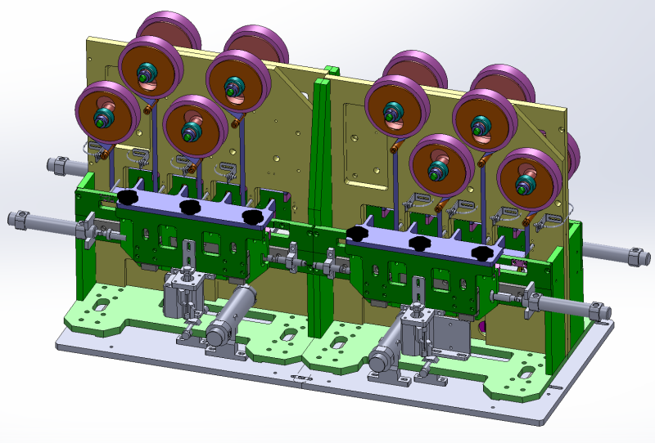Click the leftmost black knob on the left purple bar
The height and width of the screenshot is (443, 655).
tap(127, 198)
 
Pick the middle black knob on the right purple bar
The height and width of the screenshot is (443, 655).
tap(421, 244)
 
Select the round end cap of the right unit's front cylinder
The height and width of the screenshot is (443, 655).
tap(378, 360)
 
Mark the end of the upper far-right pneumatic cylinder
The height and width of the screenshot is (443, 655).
tap(637, 257)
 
